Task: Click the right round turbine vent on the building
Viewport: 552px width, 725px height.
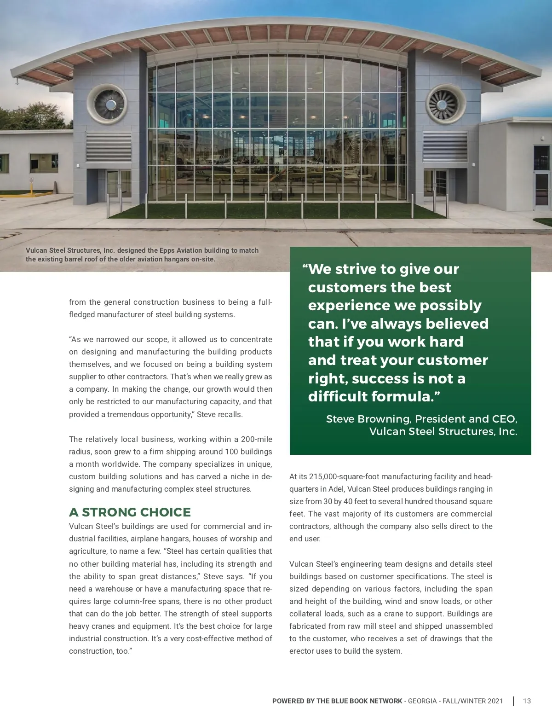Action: (445, 104)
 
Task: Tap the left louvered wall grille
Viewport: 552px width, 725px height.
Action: (109, 147)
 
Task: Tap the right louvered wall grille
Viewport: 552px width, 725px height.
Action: (445, 147)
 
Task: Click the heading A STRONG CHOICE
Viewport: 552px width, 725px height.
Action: (130, 512)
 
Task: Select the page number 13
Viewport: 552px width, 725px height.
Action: (527, 701)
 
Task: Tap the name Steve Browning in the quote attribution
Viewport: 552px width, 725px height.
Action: (368, 419)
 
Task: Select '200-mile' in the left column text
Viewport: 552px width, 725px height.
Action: (257, 439)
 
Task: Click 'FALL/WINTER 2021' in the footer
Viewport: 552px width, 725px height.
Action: (473, 701)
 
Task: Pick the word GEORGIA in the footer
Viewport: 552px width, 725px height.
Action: (422, 701)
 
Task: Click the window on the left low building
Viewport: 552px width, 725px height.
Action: (44, 163)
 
